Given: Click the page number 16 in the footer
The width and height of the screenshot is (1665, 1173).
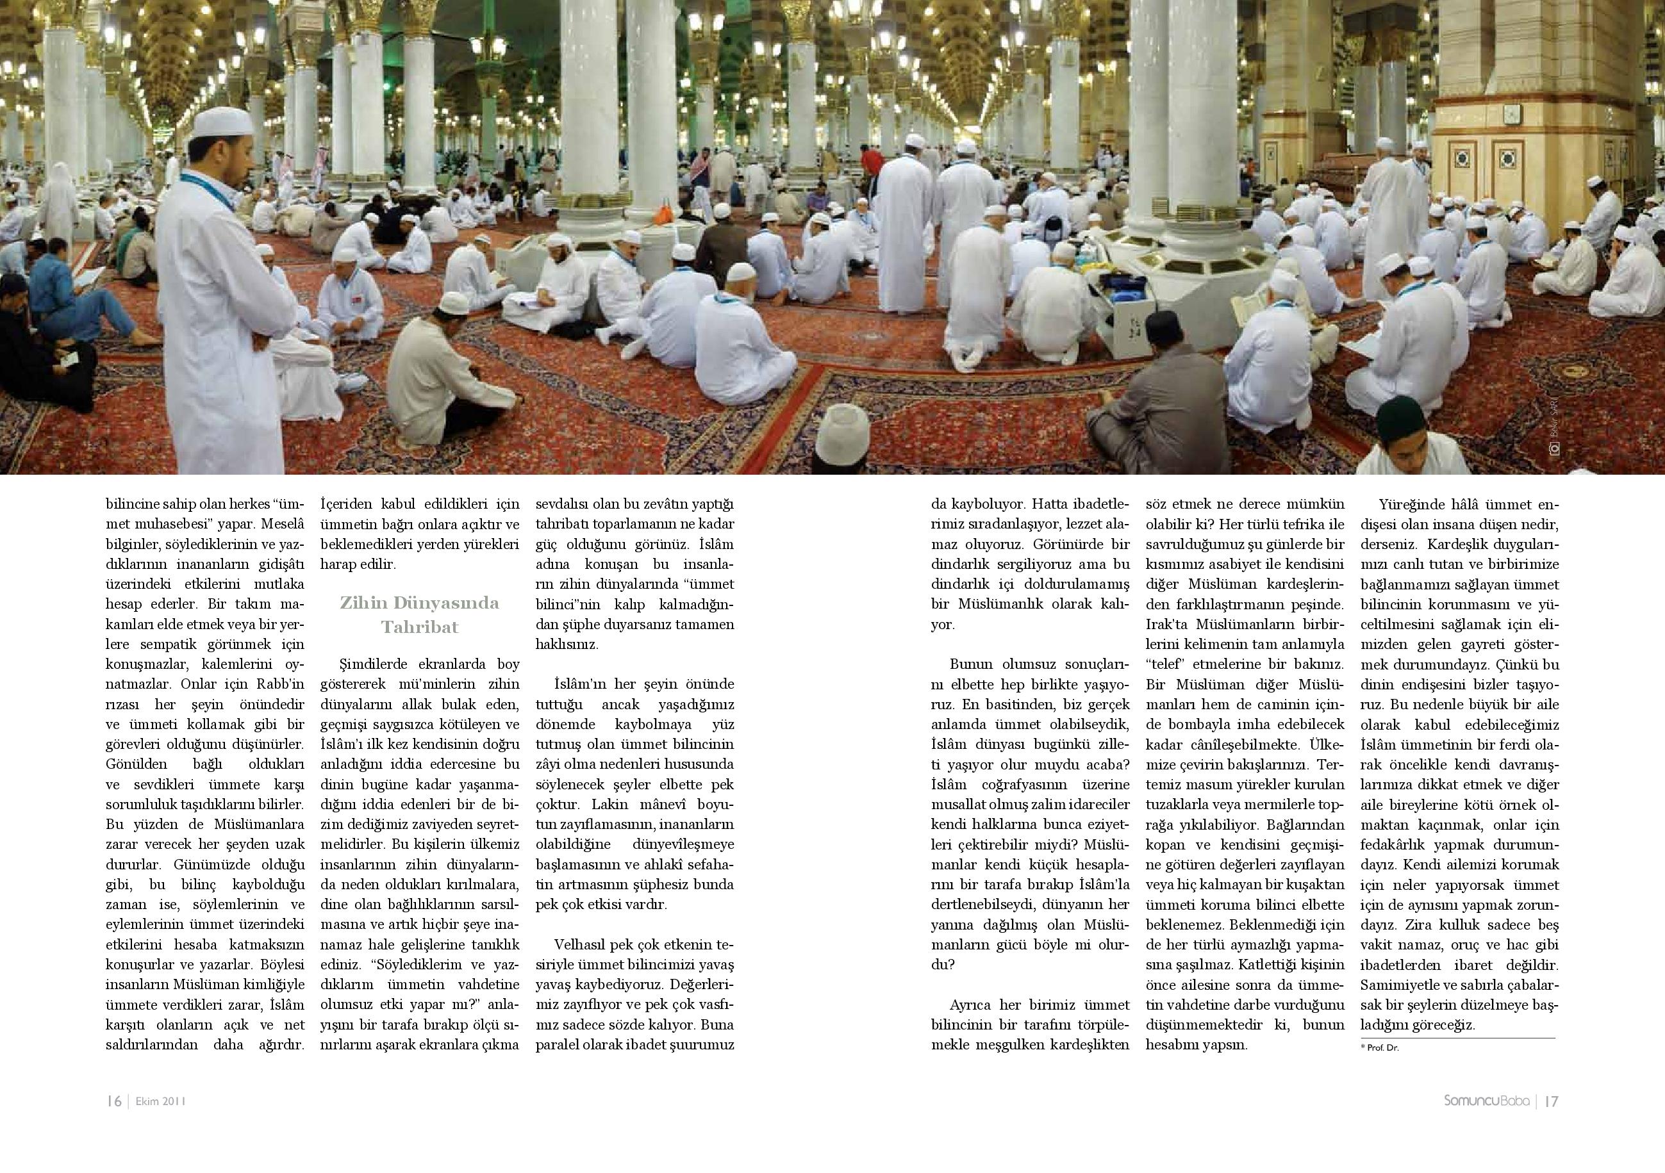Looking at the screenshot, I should pyautogui.click(x=114, y=1101).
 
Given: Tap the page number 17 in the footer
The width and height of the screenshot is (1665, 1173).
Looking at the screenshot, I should pyautogui.click(x=1552, y=1101).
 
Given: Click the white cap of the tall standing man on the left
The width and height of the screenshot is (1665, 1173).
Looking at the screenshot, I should pyautogui.click(x=224, y=122).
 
